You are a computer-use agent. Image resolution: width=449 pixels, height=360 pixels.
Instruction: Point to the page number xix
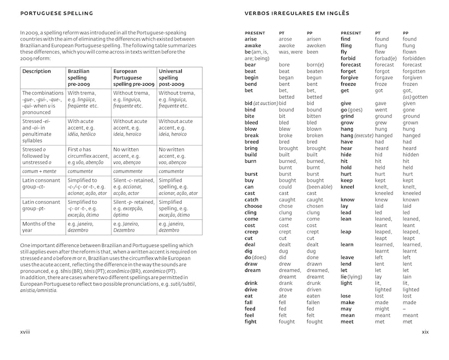click(x=425, y=332)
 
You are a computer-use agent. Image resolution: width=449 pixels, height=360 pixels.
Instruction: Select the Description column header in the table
click(x=36, y=71)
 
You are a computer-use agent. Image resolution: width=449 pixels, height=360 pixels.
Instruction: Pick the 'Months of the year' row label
click(x=39, y=227)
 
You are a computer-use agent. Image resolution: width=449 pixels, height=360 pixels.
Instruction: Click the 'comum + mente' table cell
click(x=39, y=172)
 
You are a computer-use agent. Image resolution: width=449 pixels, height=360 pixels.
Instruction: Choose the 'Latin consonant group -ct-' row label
click(x=42, y=184)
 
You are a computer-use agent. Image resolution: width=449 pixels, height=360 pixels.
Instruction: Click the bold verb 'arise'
click(x=251, y=39)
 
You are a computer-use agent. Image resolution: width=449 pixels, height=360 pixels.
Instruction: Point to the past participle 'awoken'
click(x=316, y=45)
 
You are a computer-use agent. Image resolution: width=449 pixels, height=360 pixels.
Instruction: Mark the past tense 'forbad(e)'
click(x=386, y=58)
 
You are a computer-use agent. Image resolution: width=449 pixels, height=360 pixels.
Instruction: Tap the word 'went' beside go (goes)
click(x=381, y=110)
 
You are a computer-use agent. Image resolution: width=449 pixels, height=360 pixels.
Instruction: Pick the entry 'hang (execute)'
click(x=357, y=135)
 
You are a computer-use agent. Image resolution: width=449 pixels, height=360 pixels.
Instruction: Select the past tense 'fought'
click(x=287, y=321)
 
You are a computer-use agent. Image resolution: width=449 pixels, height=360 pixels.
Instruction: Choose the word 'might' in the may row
click(x=382, y=308)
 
